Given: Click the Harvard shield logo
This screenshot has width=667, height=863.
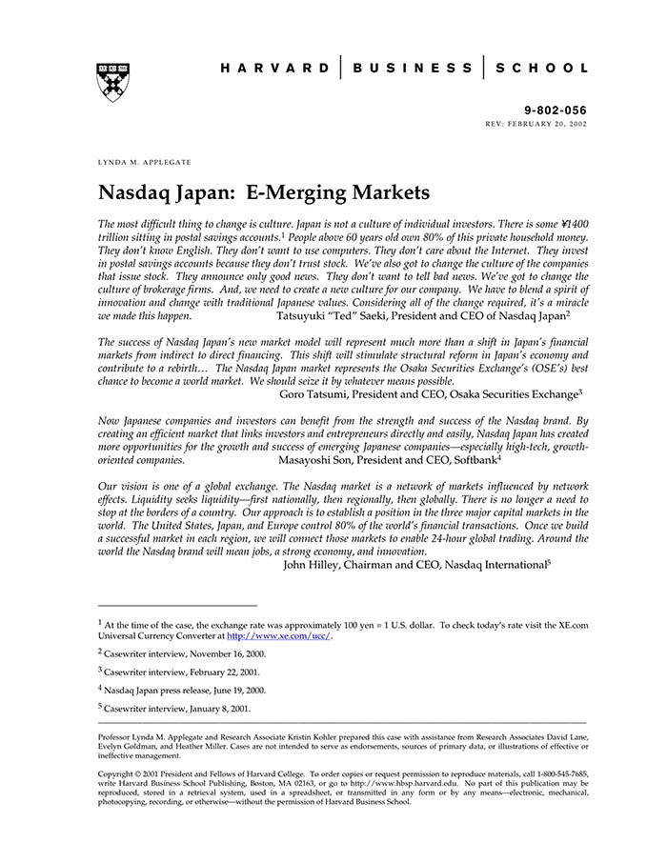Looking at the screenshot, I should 112,82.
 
